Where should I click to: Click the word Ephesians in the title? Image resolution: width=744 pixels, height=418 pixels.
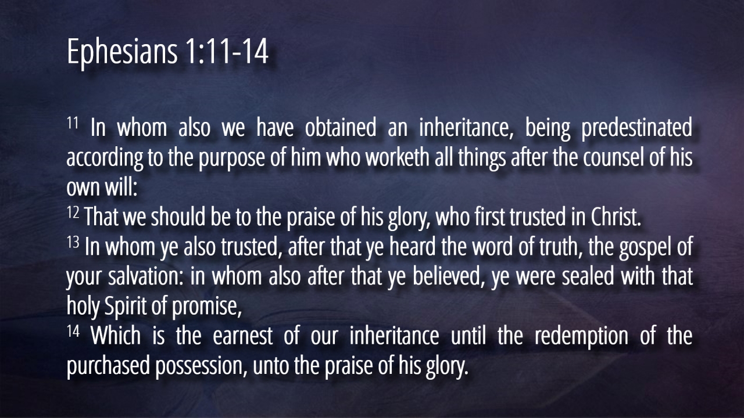coord(122,52)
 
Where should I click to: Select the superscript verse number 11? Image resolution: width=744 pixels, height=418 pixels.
coord(73,123)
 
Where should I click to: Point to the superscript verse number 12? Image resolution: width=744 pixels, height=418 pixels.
coord(73,212)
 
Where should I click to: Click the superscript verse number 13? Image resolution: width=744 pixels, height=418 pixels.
coord(73,242)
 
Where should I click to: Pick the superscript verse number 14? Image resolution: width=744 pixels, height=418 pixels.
coord(73,331)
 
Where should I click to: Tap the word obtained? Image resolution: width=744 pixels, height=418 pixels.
coord(341,127)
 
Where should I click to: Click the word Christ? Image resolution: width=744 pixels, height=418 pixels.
coord(616,217)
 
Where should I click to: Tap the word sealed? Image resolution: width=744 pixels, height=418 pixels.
coord(588,276)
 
